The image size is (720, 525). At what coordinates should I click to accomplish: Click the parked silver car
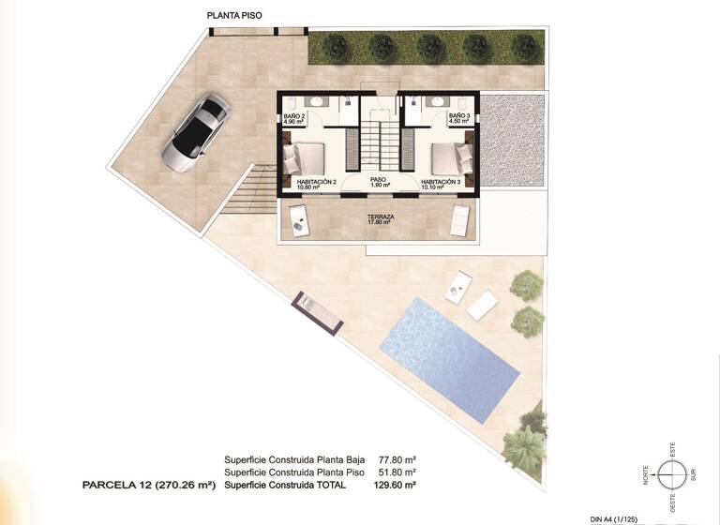[197, 133]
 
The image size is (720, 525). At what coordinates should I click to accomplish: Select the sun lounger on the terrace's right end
[460, 221]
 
